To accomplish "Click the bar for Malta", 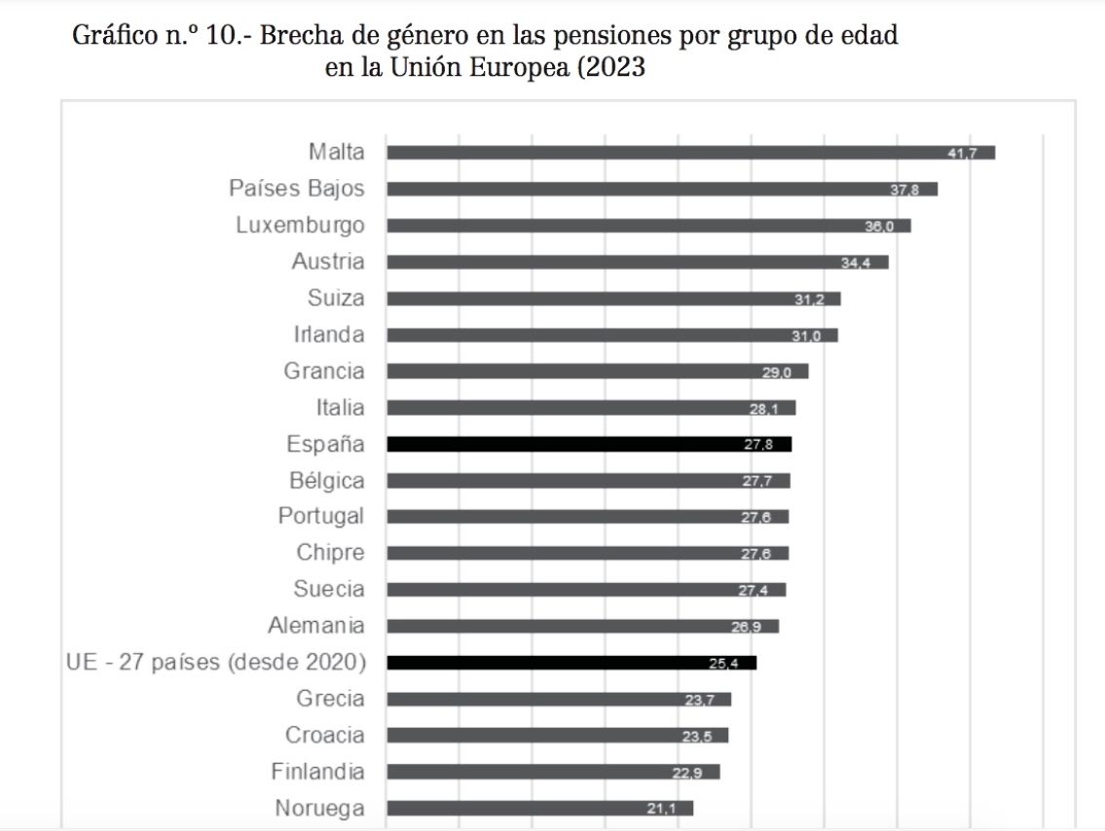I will coord(690,153).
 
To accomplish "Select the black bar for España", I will coord(589,445).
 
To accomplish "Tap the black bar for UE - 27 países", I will coord(571,663).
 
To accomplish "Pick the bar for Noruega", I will coord(539,808).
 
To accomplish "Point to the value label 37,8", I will coord(904,190).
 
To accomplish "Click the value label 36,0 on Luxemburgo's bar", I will coord(878,226).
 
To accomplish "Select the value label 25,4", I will coord(723,664).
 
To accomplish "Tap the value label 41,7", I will coord(962,154).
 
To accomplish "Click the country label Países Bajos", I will coord(297,188).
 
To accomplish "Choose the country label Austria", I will coord(328,261).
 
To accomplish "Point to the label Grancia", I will coord(324,371).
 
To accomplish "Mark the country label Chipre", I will coord(331,553).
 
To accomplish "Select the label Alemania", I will coord(316,626).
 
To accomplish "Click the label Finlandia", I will coord(318,772).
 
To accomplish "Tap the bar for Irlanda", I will coord(611,336).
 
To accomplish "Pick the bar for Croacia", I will coord(557,736).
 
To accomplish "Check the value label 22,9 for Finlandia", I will coord(686,773).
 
